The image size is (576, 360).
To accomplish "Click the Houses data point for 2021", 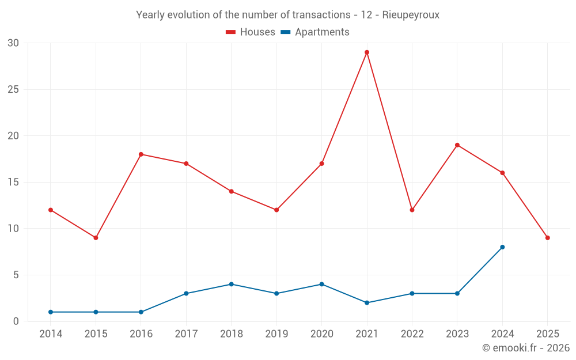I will point(367,52).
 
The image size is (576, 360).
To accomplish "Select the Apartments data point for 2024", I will point(502,247).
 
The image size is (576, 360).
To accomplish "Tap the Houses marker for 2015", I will point(96,238).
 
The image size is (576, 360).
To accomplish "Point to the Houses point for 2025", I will point(547,238).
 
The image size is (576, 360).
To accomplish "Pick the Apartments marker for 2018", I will point(231,284).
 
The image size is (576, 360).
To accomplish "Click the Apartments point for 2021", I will point(367,303).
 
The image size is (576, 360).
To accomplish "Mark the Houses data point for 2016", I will point(141,154).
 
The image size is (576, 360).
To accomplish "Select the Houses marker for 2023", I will point(457,145).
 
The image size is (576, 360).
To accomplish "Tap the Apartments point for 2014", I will point(51,312).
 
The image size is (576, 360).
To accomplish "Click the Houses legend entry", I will point(251,32).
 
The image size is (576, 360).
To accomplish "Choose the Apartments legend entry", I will point(315,32).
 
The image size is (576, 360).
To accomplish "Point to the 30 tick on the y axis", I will point(13,43).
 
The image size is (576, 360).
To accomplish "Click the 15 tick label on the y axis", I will point(13,183).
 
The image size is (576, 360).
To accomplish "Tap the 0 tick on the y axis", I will point(16,321).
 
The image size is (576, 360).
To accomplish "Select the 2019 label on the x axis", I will point(276,334).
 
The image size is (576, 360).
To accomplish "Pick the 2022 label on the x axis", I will point(412,334).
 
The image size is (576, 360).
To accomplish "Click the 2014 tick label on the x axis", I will point(51,334).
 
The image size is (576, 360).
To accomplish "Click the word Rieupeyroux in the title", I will point(411,15).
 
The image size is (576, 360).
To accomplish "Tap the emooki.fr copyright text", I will point(525,348).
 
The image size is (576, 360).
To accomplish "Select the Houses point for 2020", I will point(321,164).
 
